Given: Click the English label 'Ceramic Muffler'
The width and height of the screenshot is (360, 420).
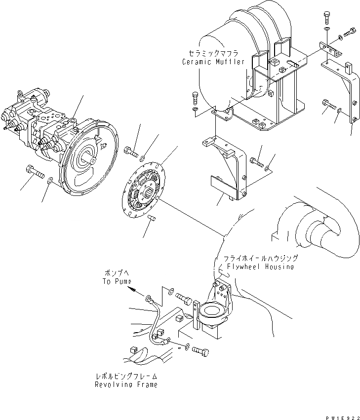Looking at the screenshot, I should [x=213, y=62].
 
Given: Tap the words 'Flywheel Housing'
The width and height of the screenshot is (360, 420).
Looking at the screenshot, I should [x=260, y=267].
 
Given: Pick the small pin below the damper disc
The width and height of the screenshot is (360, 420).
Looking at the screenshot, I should [x=152, y=217].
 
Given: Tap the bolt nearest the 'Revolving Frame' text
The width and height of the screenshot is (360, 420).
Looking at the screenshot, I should [x=200, y=351].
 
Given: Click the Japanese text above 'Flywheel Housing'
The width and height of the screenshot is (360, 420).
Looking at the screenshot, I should [x=260, y=258].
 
